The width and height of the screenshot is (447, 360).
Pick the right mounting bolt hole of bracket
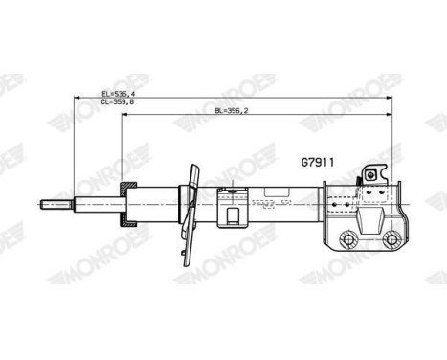pos(391,239)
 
